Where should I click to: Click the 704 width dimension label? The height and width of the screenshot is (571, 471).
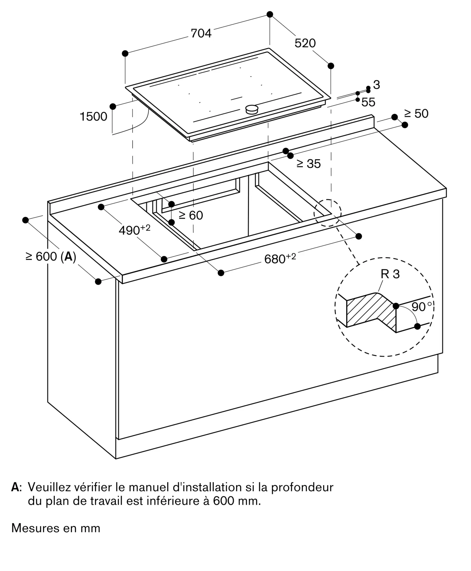(201, 33)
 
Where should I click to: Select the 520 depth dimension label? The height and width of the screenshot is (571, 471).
(305, 43)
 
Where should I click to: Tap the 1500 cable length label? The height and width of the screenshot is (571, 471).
(93, 116)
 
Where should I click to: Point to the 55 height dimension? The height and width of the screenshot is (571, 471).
(368, 102)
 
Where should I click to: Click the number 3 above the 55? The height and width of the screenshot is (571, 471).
(377, 85)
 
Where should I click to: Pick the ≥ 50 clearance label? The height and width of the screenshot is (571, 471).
(416, 114)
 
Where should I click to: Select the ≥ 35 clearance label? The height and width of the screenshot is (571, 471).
(309, 164)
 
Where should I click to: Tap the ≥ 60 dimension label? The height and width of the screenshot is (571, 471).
(191, 215)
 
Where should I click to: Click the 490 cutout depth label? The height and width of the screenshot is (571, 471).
(134, 230)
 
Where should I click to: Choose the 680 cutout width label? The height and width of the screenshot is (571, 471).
(280, 258)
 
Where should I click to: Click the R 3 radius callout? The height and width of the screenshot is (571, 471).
(390, 274)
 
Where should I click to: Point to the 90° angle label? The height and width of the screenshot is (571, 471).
(422, 307)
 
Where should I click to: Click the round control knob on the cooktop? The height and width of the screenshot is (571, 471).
(252, 109)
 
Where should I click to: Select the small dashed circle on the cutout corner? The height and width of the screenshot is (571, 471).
(327, 213)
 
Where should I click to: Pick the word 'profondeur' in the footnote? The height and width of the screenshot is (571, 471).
(302, 487)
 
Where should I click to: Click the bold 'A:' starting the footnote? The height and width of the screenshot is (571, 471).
(16, 487)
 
